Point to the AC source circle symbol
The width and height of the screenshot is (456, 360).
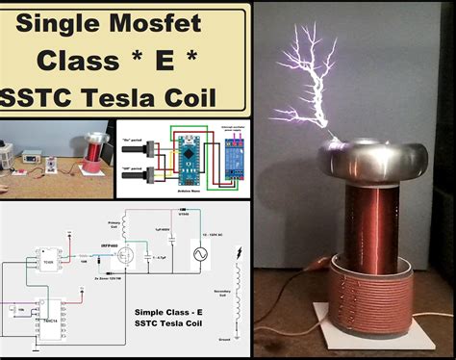201,255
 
